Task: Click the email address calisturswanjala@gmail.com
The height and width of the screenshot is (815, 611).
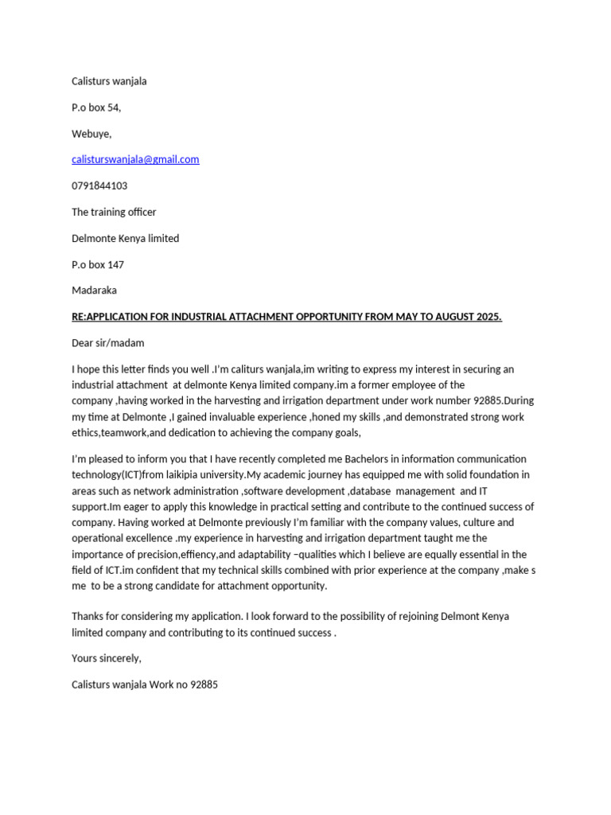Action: (x=135, y=159)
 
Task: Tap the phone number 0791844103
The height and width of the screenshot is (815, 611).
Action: (x=99, y=185)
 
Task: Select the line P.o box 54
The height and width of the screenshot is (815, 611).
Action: (x=96, y=107)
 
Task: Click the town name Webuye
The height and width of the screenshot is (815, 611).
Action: (x=91, y=134)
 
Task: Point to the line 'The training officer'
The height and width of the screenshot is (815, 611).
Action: (x=114, y=212)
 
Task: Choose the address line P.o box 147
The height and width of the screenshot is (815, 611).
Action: (x=98, y=264)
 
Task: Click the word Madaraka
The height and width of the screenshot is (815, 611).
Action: (x=94, y=291)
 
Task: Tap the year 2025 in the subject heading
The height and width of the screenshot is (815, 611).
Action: (x=488, y=317)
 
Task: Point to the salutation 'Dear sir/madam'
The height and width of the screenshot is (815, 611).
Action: (x=108, y=343)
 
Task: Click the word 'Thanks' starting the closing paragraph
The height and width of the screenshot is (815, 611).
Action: (x=88, y=617)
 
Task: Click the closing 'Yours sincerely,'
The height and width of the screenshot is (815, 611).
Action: (x=107, y=658)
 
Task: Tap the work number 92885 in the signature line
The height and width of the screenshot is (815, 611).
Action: (x=204, y=684)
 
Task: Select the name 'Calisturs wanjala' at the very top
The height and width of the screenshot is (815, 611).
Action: (x=109, y=81)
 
